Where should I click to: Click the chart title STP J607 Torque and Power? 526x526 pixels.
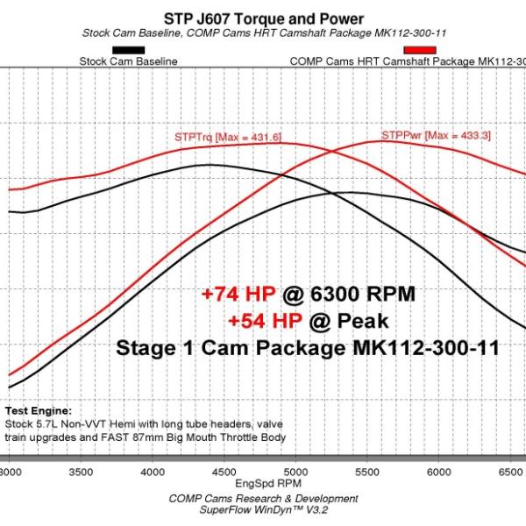tap(264, 18)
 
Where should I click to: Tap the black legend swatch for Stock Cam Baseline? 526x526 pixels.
tap(129, 50)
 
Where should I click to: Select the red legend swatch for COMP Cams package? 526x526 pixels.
tap(420, 50)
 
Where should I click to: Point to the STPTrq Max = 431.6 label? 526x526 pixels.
tap(228, 138)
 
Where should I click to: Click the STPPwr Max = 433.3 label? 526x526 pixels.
tap(436, 136)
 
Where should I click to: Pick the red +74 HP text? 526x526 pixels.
tap(238, 294)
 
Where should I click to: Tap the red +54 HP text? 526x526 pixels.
tap(266, 321)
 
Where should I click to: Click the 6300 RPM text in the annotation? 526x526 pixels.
tap(363, 294)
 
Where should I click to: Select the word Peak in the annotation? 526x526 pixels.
tap(363, 321)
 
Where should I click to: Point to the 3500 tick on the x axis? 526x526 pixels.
tap(81, 473)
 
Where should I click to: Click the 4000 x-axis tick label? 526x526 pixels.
tap(153, 473)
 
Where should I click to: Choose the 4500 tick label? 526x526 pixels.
tap(224, 473)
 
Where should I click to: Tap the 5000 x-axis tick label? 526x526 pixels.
tap(296, 473)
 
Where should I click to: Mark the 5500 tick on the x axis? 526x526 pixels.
tap(367, 473)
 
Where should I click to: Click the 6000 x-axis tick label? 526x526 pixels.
tap(439, 473)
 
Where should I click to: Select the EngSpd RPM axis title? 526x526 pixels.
tap(268, 483)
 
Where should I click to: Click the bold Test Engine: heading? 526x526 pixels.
tap(39, 411)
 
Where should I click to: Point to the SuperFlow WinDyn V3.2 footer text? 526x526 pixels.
tap(264, 510)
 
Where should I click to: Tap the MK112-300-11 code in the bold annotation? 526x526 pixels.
tap(426, 348)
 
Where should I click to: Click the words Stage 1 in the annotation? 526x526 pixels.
tap(155, 349)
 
